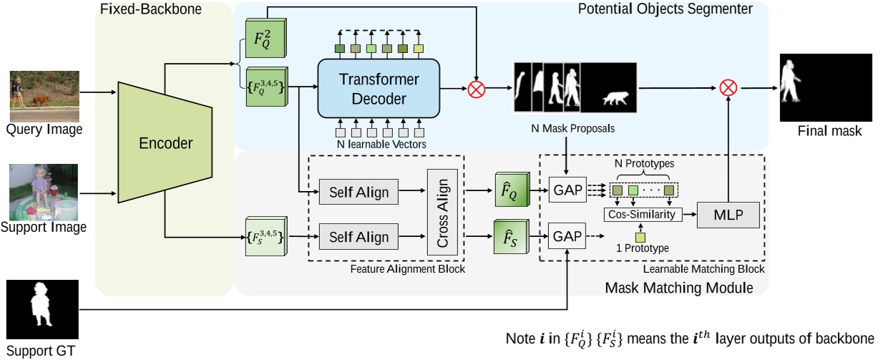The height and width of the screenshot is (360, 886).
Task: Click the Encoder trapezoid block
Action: tap(164, 142)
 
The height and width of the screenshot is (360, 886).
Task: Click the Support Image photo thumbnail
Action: tap(44, 192)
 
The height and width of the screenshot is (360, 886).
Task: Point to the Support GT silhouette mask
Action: tap(42, 309)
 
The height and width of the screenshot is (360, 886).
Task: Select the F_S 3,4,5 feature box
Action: tap(266, 237)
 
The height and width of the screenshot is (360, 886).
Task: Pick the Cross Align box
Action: tap(442, 213)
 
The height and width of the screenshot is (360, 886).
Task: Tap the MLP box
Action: tap(729, 214)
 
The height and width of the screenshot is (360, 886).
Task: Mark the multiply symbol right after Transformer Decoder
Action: tap(476, 89)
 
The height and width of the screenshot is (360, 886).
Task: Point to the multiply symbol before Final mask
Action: tap(728, 89)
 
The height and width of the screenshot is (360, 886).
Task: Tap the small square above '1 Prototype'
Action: tap(640, 236)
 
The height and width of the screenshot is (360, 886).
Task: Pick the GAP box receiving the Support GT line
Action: tap(566, 236)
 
